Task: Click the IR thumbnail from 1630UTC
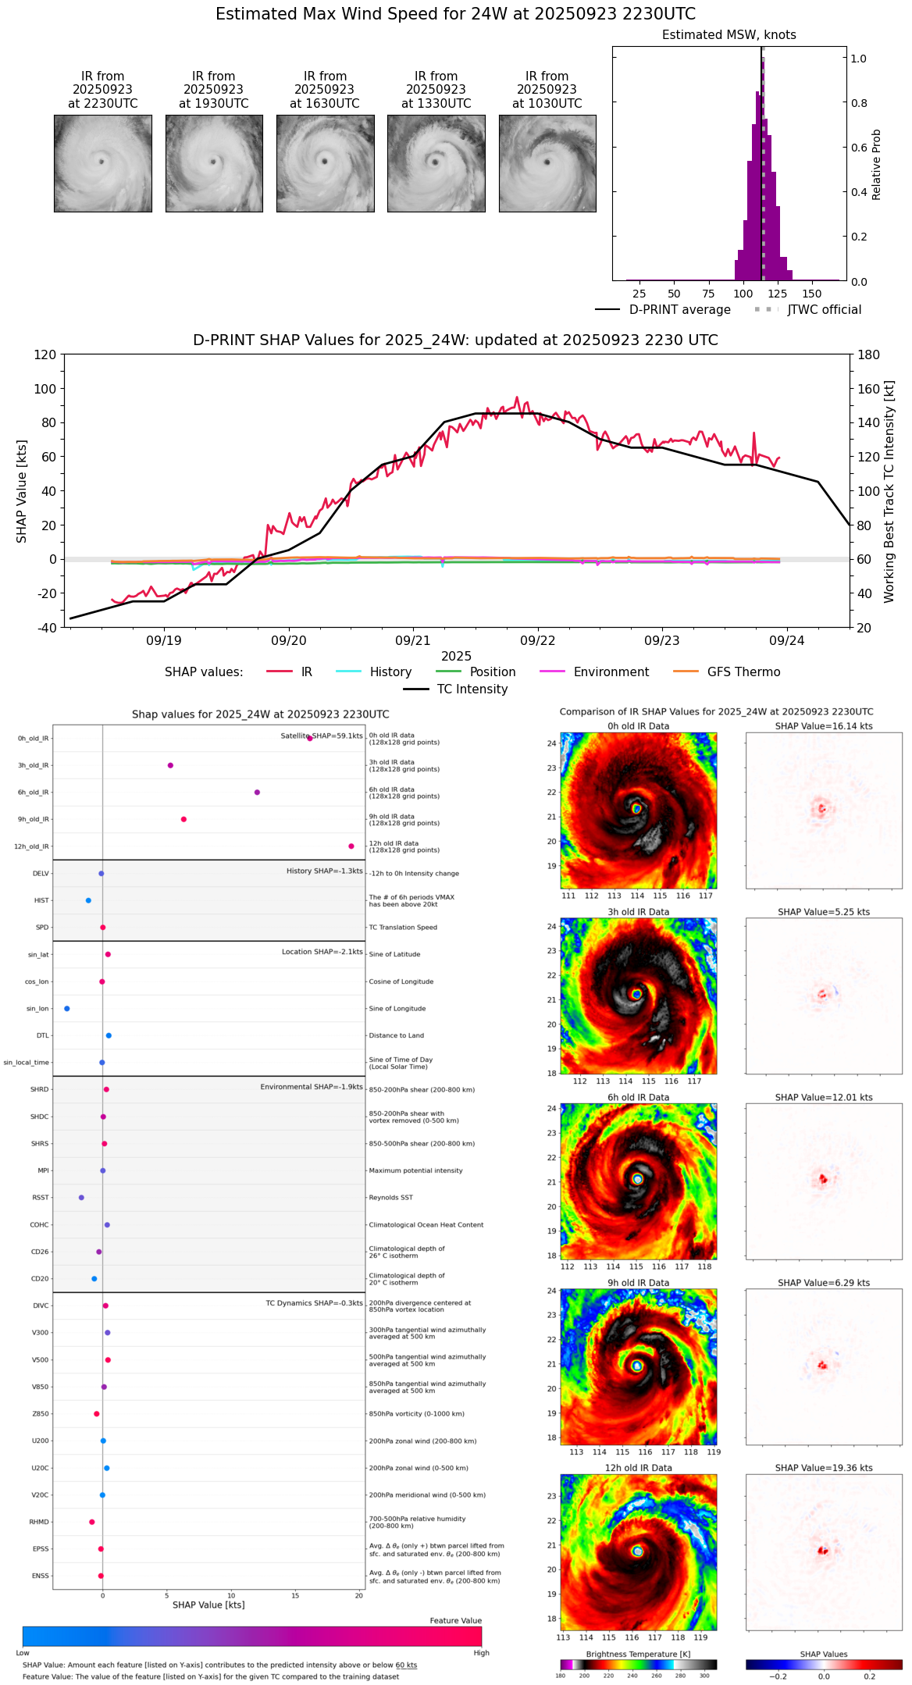click(x=325, y=163)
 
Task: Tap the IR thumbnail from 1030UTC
click(x=547, y=163)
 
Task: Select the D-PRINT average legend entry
click(x=663, y=310)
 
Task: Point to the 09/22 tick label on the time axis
click(x=537, y=641)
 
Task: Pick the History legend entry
click(x=374, y=672)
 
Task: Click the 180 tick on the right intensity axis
click(x=868, y=355)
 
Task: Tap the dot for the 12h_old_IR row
click(x=351, y=846)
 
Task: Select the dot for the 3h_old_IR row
click(x=170, y=765)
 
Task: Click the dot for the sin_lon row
click(x=67, y=1009)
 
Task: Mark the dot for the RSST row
click(x=81, y=1198)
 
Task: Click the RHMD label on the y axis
click(x=39, y=1522)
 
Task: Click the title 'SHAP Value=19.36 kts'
click(x=824, y=1468)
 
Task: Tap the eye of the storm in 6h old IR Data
click(x=638, y=1179)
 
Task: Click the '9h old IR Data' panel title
click(x=638, y=1283)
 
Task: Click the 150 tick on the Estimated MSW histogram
click(x=812, y=294)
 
